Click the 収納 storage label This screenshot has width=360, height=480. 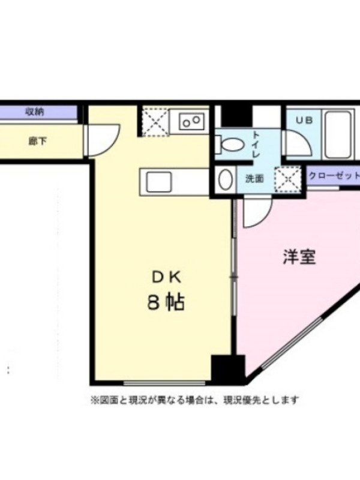point(35,112)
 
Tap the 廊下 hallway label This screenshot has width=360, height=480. point(38,142)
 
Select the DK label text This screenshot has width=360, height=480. point(167,277)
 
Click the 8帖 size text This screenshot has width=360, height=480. point(166,302)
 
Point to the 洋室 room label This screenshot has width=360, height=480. point(299,257)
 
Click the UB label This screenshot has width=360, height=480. point(304,121)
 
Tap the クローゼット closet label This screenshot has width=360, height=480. point(334,176)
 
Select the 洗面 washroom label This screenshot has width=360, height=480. point(254,179)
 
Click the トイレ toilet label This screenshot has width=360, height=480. point(256,144)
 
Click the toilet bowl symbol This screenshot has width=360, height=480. point(230,144)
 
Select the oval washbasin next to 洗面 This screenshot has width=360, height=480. point(226,179)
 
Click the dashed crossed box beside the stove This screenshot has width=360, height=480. point(155,121)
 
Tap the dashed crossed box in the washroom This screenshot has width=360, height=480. point(288,179)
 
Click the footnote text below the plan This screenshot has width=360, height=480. point(194,400)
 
